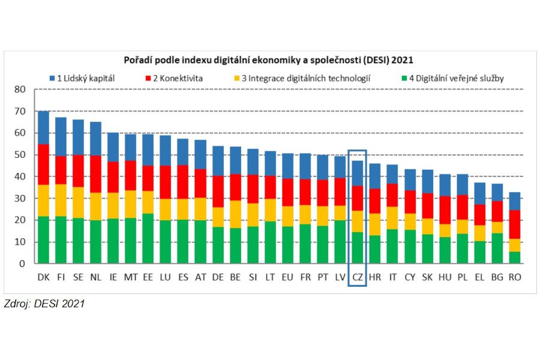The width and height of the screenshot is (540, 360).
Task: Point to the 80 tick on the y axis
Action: [20, 89]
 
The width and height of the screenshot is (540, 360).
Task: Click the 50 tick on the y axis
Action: [20, 155]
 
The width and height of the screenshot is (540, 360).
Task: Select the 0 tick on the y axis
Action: [23, 264]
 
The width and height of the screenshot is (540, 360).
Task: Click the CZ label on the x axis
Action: [357, 277]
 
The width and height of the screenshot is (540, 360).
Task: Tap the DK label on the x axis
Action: [44, 277]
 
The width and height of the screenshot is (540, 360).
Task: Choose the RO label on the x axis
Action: [514, 277]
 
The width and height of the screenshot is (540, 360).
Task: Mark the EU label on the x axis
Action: [287, 277]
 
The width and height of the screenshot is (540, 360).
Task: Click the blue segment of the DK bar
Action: [44, 127]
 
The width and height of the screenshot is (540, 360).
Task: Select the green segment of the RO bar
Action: [514, 257]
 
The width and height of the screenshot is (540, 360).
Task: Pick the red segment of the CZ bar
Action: [357, 198]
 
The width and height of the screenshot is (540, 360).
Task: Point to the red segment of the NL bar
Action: [96, 174]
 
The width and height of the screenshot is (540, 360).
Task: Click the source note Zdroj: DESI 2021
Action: [44, 304]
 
